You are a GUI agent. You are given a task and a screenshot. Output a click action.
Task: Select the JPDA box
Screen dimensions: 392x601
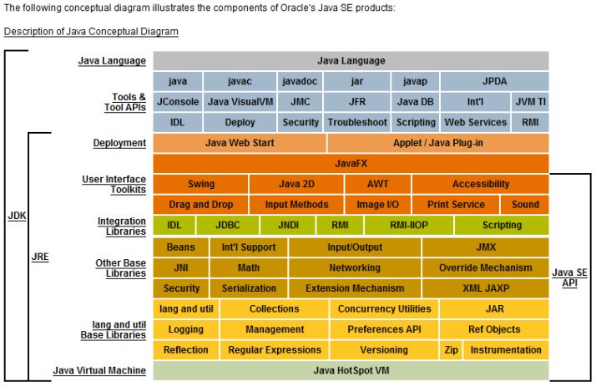point(494,82)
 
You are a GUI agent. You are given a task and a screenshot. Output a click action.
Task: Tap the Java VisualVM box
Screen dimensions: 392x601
point(240,102)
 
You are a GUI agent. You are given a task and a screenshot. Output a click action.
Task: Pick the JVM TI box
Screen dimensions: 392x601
point(530,102)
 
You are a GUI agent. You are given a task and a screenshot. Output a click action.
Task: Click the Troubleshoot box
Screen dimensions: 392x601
point(357,122)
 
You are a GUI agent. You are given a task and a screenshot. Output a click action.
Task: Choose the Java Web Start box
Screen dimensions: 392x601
point(240,143)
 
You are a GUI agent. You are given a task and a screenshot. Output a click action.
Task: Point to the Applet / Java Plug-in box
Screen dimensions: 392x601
point(437,143)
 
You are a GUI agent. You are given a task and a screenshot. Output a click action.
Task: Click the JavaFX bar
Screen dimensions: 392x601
point(351,163)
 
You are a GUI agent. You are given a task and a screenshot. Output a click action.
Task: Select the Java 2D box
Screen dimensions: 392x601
point(296,184)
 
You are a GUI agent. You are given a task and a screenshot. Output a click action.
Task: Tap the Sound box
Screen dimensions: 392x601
point(525,204)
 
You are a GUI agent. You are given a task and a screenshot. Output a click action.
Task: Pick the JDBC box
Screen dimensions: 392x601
point(227,225)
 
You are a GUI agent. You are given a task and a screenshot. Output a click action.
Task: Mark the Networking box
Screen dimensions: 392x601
point(355,268)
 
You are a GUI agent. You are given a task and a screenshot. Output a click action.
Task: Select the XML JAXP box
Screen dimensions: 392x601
point(485,288)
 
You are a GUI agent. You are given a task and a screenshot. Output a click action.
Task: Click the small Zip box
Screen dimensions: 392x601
point(451,350)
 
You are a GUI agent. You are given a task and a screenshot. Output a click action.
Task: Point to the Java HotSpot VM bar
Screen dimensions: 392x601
point(351,370)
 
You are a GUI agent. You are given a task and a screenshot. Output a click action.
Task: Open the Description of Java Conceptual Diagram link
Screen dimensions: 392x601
point(91,32)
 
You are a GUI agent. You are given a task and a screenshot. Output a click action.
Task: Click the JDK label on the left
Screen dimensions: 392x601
point(17,216)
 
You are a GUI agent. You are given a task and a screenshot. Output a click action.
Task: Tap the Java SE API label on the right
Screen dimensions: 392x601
point(569,277)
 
